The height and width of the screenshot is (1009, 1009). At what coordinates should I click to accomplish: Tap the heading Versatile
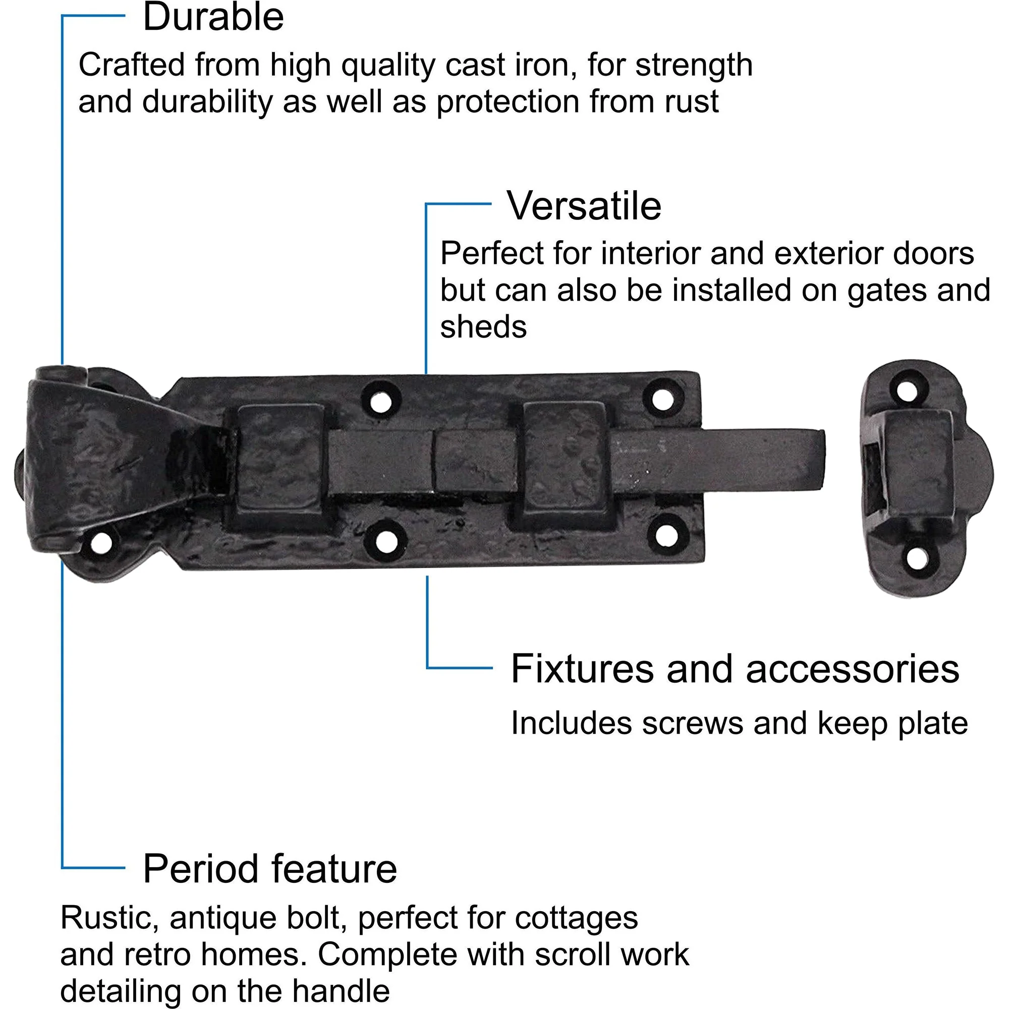584,206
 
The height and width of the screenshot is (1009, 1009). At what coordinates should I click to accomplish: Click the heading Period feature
270,869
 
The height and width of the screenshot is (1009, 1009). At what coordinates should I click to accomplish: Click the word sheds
484,327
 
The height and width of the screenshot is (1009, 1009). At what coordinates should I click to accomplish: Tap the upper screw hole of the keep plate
906,390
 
